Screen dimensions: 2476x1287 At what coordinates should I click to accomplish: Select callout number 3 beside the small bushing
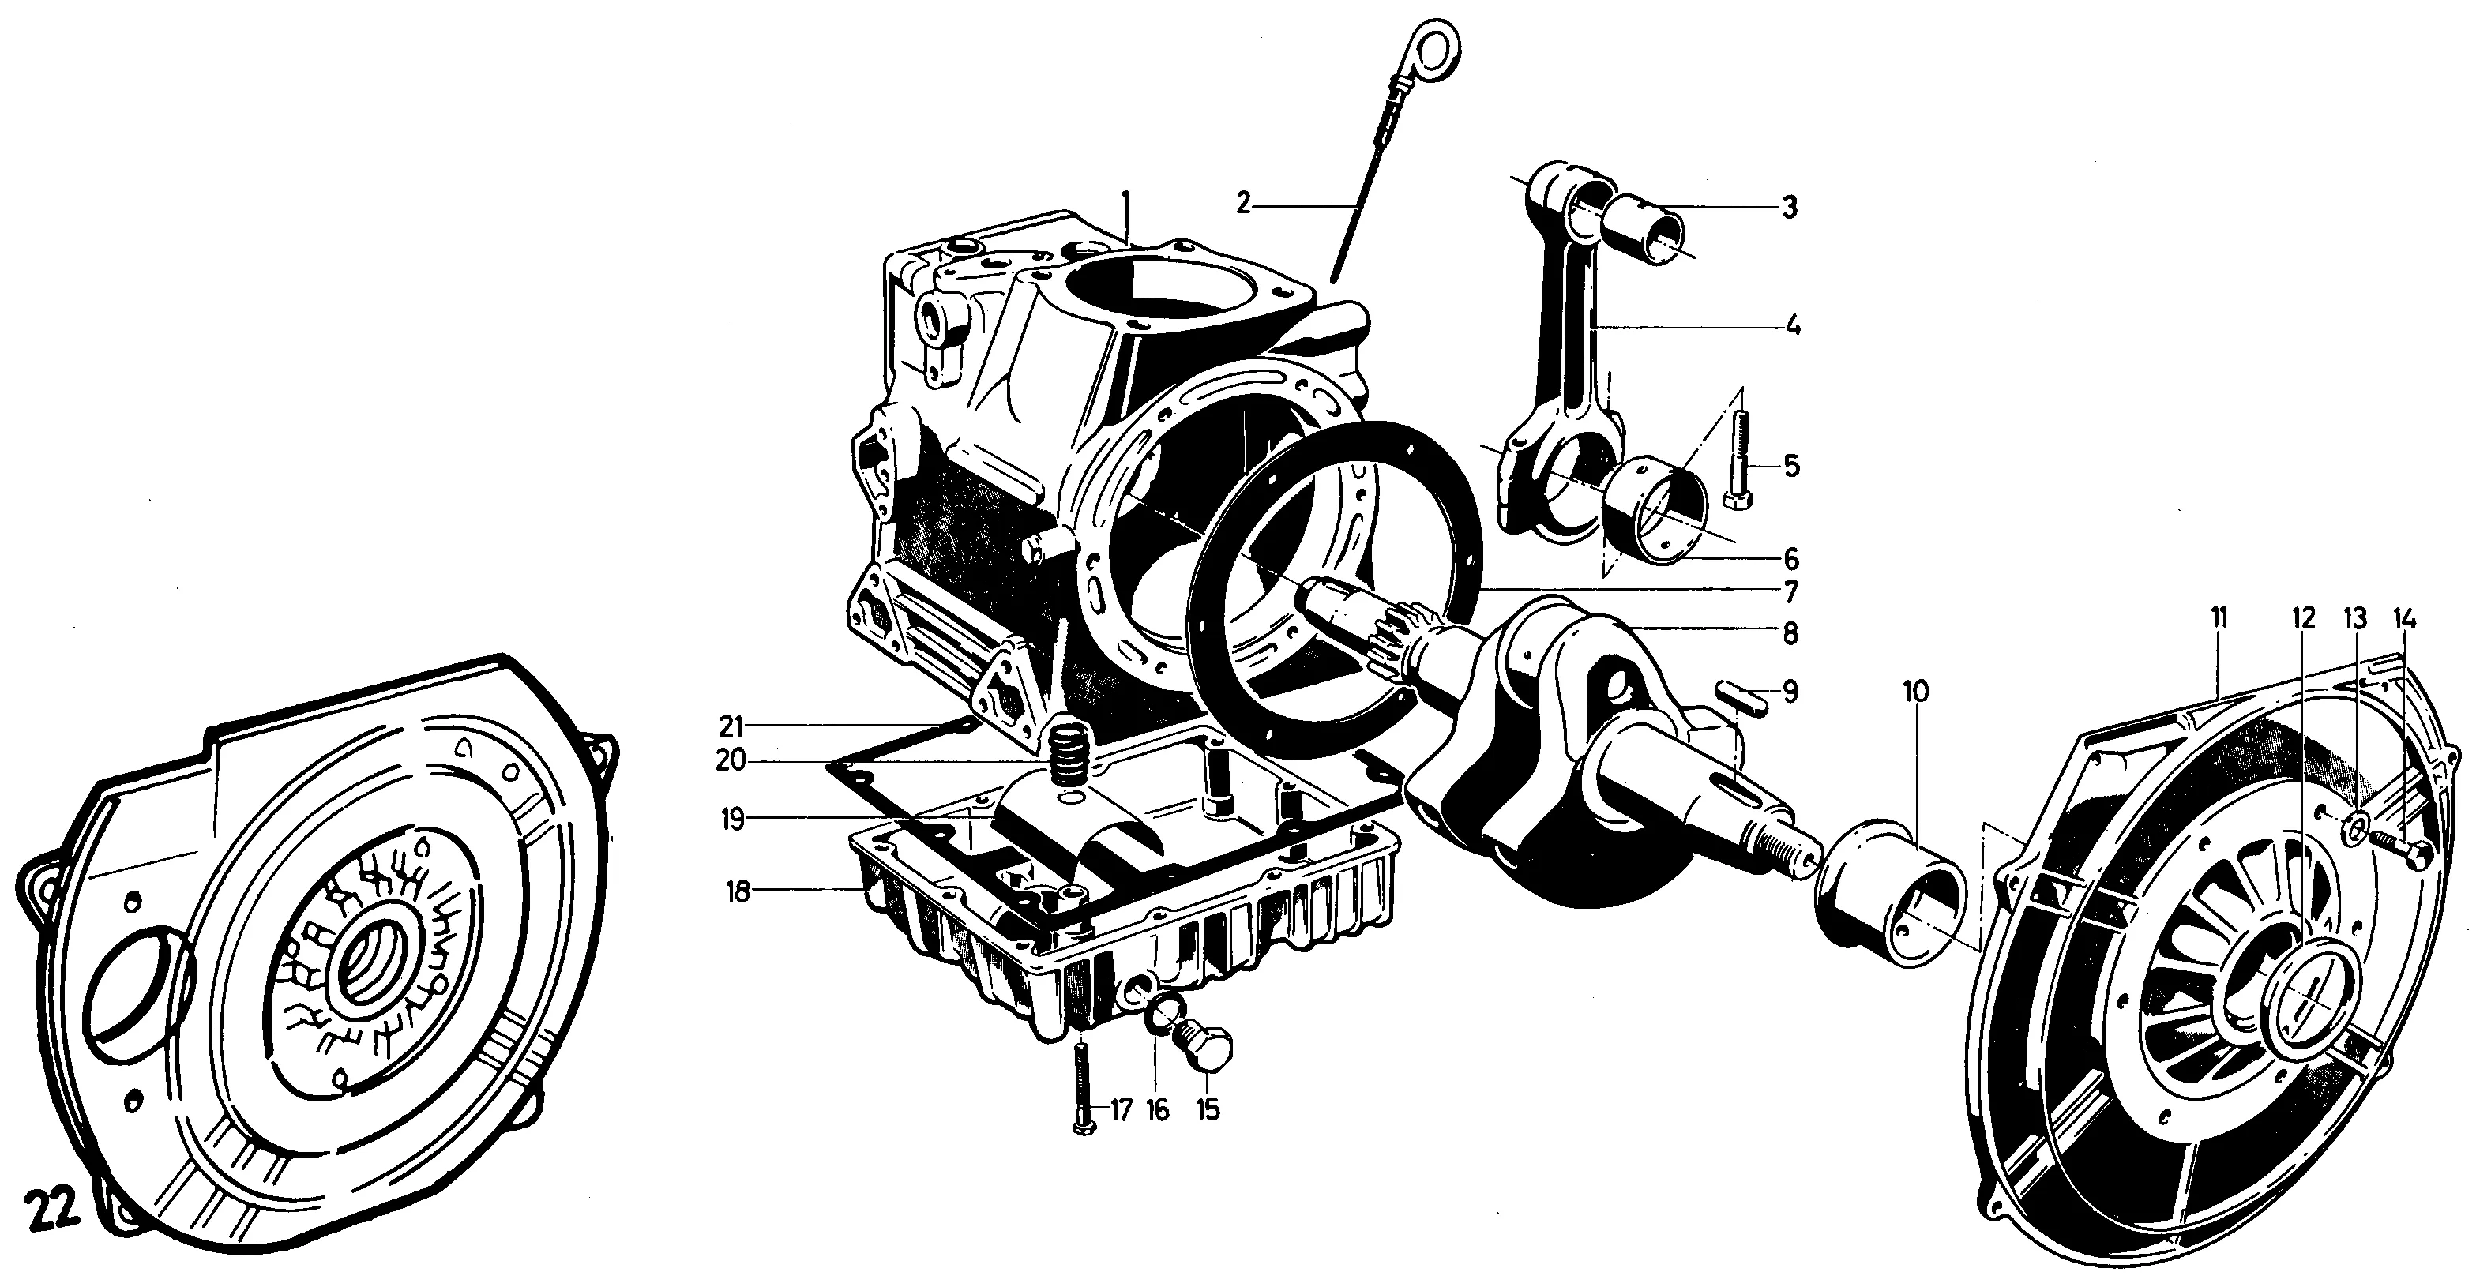pyautogui.click(x=1789, y=208)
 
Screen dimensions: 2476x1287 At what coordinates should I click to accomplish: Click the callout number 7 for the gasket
pyautogui.click(x=1789, y=590)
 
